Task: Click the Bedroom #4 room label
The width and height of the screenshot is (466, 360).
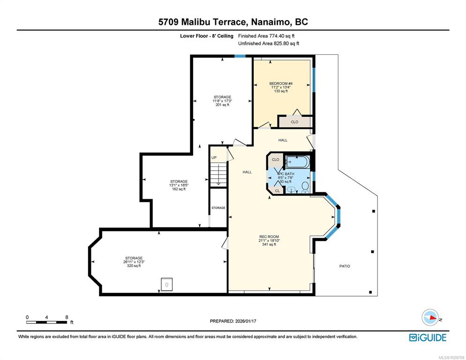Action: click(x=281, y=83)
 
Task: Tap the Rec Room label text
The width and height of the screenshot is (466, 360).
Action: click(x=269, y=237)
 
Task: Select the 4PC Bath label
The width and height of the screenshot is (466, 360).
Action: click(x=286, y=173)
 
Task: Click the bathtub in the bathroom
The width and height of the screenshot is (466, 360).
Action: click(x=298, y=162)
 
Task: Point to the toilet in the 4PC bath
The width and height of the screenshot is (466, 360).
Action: click(x=305, y=187)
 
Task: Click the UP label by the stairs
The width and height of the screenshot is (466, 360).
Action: click(x=214, y=157)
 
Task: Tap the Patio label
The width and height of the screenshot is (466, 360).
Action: click(x=345, y=266)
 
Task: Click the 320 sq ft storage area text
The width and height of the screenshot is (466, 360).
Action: click(x=134, y=266)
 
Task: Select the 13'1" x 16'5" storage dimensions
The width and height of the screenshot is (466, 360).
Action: click(x=179, y=185)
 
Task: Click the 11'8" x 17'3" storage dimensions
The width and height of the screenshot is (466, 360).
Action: click(x=222, y=101)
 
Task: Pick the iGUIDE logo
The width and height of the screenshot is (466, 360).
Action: click(x=428, y=337)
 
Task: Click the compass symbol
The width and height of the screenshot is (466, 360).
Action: click(x=430, y=317)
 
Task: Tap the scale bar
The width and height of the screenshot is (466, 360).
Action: click(x=47, y=322)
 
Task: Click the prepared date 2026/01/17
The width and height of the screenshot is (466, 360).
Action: click(x=246, y=321)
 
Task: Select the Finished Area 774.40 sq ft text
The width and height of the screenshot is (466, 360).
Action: click(x=266, y=36)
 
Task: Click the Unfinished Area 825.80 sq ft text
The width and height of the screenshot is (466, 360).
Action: click(x=269, y=44)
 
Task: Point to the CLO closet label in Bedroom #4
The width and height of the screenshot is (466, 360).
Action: click(x=294, y=122)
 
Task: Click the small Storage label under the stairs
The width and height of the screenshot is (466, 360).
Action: click(x=218, y=208)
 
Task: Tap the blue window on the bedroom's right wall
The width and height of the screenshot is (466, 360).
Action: click(x=314, y=80)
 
